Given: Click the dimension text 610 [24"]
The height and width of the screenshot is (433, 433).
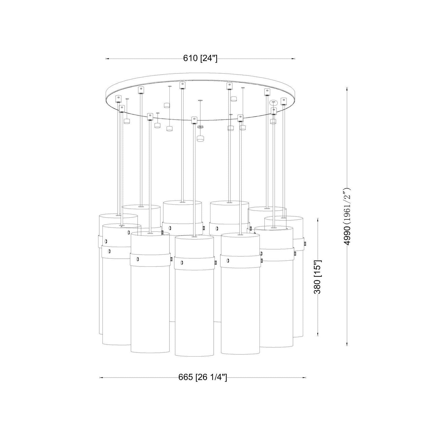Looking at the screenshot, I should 200,59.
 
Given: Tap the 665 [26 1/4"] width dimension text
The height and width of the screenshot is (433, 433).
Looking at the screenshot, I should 202,377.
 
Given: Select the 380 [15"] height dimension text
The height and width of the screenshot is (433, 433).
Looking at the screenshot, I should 318,277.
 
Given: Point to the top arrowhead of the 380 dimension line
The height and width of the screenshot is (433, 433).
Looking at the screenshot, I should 318,220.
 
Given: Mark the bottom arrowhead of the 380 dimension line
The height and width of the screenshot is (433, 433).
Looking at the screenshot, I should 318,335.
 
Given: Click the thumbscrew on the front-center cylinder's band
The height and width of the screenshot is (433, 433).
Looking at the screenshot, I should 215,263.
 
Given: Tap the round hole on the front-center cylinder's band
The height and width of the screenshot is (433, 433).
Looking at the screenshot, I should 182,262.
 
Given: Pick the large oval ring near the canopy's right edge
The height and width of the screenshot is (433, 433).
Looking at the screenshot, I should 273,103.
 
